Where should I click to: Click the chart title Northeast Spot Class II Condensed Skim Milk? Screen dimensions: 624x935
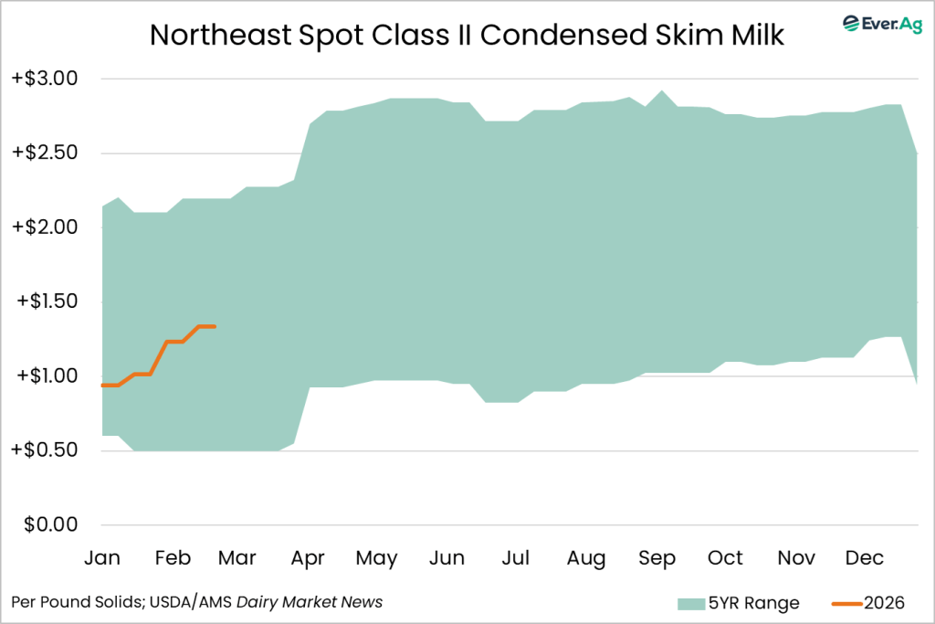pyautogui.click(x=467, y=35)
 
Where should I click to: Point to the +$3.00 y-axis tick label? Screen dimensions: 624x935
pyautogui.click(x=45, y=79)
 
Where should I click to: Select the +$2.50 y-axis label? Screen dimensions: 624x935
pyautogui.click(x=45, y=153)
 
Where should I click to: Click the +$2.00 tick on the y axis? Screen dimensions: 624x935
pyautogui.click(x=45, y=227)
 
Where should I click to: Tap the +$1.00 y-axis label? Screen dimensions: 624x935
pyautogui.click(x=45, y=375)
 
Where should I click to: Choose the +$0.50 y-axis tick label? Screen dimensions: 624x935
pyautogui.click(x=45, y=450)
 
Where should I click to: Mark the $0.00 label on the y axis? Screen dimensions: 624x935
pyautogui.click(x=50, y=524)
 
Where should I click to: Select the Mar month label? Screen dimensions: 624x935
pyautogui.click(x=237, y=557)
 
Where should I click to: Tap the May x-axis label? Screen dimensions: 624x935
pyautogui.click(x=376, y=557)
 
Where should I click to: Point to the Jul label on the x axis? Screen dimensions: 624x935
pyautogui.click(x=516, y=557)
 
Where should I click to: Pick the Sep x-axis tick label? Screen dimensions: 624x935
pyautogui.click(x=657, y=557)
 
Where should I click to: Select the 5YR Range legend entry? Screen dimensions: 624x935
pyautogui.click(x=737, y=603)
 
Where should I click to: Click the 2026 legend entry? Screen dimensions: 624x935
pyautogui.click(x=867, y=603)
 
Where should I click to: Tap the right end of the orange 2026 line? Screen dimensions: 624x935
pyautogui.click(x=215, y=326)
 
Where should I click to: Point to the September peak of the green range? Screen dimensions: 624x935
pyautogui.click(x=662, y=91)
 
